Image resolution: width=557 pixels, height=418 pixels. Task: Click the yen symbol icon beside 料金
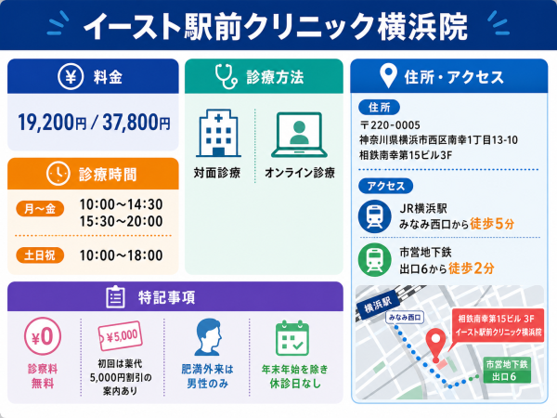tap(71, 76)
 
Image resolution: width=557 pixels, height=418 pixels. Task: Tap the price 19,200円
tap(52, 123)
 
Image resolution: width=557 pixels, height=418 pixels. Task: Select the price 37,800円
tap(136, 123)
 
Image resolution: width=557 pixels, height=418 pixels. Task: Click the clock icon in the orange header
tap(58, 174)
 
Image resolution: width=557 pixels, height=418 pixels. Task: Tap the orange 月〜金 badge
tap(40, 209)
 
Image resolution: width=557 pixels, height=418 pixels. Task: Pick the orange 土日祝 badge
tap(40, 255)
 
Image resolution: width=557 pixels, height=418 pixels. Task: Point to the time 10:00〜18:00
tap(121, 255)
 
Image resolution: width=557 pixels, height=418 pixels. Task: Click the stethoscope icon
tap(226, 76)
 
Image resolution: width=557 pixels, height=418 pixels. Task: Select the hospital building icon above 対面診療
tap(219, 133)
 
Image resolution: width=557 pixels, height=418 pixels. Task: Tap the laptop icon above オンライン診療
tap(299, 135)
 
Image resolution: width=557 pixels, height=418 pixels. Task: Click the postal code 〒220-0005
tap(390, 125)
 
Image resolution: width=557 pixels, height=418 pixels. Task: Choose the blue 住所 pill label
tap(380, 107)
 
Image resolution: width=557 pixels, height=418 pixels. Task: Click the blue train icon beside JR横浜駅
tap(375, 216)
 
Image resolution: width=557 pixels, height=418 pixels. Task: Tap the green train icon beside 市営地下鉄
tap(375, 259)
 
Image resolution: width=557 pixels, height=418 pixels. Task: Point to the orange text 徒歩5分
tap(492, 224)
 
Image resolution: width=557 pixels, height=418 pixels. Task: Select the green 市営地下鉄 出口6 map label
tap(507, 370)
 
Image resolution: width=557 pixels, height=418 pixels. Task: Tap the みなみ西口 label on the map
tap(405, 318)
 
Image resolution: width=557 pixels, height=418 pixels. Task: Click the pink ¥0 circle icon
tap(43, 336)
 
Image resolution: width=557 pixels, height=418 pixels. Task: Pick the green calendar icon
tap(292, 338)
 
